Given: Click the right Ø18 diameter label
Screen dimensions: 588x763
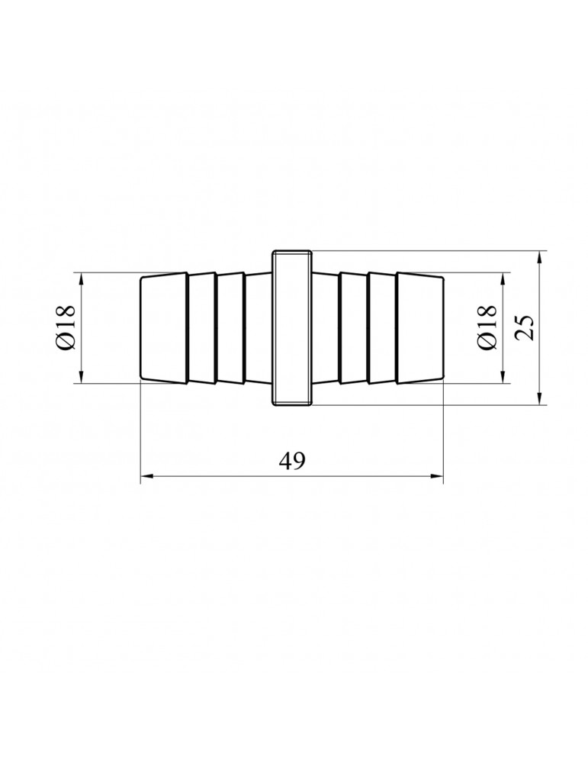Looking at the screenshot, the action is (487, 327).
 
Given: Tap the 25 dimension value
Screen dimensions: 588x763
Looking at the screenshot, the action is (524, 327).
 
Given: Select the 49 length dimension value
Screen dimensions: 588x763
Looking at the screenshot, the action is (292, 461).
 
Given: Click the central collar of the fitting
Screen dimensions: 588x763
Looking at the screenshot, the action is (292, 328).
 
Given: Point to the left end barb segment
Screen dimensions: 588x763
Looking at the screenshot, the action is (164, 328).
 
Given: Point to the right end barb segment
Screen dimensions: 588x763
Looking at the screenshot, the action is (419, 328).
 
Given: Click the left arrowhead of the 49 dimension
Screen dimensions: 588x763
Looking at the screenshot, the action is (146, 476).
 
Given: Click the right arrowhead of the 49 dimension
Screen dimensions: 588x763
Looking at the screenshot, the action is (439, 476).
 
